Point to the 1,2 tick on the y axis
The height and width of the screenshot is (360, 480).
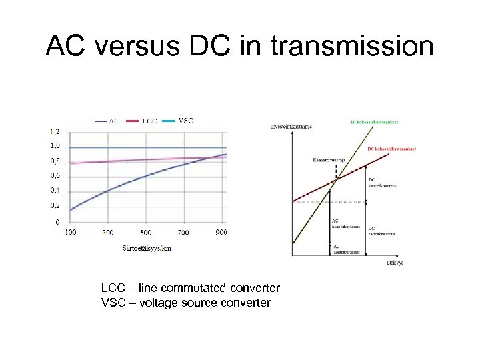pyautogui.click(x=54, y=132)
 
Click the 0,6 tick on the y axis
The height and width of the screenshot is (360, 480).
pyautogui.click(x=54, y=176)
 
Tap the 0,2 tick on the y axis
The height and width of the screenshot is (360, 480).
pyautogui.click(x=54, y=205)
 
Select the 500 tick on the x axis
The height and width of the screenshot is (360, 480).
pyautogui.click(x=145, y=233)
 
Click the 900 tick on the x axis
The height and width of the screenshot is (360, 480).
pyautogui.click(x=221, y=232)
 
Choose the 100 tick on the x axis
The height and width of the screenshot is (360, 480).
pyautogui.click(x=70, y=232)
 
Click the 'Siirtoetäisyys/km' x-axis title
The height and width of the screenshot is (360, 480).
pyautogui.click(x=146, y=248)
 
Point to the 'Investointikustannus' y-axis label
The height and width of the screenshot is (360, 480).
pyautogui.click(x=291, y=125)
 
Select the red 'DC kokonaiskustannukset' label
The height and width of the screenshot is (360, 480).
pyautogui.click(x=391, y=149)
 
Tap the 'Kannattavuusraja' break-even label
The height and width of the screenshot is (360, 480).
pyautogui.click(x=328, y=160)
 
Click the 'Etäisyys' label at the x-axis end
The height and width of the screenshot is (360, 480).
pyautogui.click(x=395, y=262)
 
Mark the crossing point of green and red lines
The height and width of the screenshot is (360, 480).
pyautogui.click(x=336, y=179)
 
